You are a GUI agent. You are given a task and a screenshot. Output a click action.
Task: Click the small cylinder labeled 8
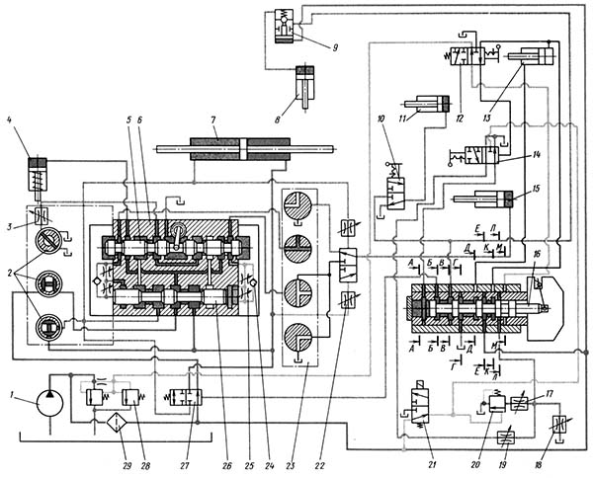pyautogui.click(x=308, y=81)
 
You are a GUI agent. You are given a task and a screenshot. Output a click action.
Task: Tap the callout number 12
pyautogui.click(x=461, y=119)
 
